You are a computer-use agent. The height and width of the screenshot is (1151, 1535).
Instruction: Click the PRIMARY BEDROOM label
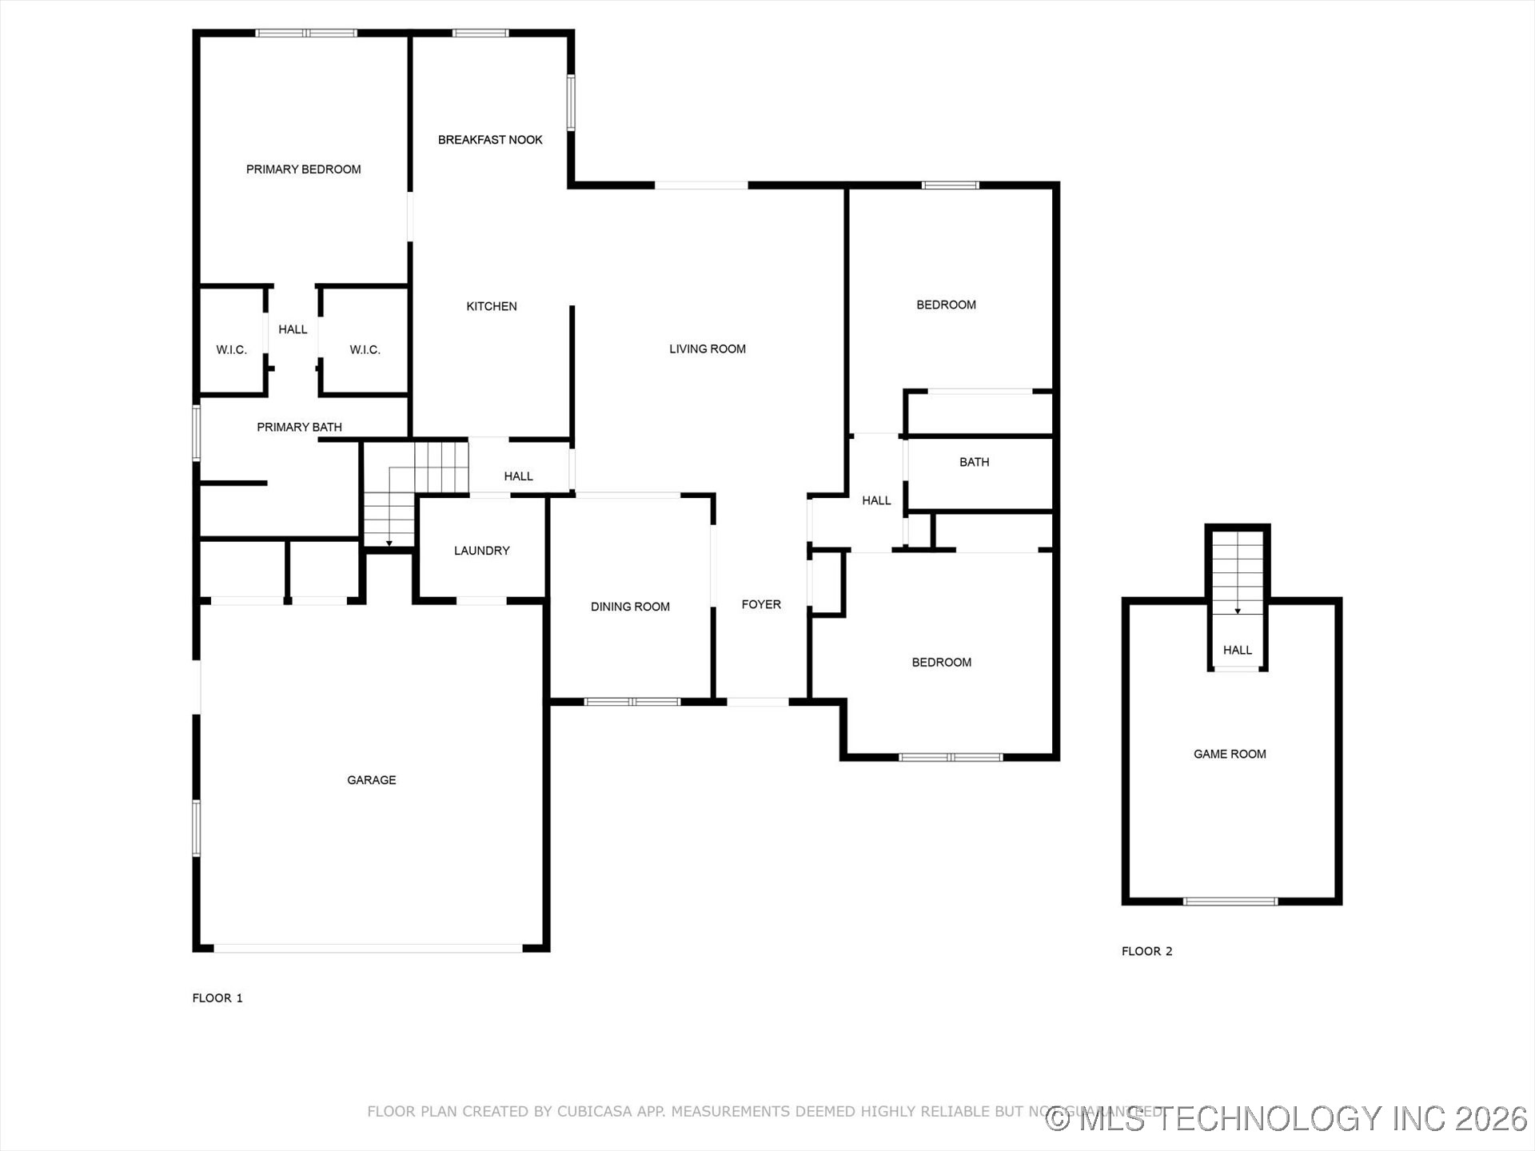point(303,169)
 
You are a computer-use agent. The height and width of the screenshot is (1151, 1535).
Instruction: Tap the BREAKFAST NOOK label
point(490,140)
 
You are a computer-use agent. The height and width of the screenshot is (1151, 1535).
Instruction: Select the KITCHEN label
point(491,306)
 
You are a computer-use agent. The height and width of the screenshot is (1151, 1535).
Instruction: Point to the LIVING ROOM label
point(707,349)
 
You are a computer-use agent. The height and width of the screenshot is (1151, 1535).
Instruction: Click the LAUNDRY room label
point(481,551)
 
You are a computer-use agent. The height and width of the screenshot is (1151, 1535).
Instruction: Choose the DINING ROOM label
point(630,607)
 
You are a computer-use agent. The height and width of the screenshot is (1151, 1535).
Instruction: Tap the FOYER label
point(760,604)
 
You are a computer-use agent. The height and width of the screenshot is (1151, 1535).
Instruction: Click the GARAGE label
point(371,780)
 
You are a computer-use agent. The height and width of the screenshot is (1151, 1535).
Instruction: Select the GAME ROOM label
point(1230,754)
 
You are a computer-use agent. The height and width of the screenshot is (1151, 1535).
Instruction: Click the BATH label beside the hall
point(974,462)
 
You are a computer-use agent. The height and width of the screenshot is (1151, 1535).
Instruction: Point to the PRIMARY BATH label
point(299,428)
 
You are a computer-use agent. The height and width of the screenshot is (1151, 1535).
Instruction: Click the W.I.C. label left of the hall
point(231,350)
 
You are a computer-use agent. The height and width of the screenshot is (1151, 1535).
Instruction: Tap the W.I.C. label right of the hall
point(365,350)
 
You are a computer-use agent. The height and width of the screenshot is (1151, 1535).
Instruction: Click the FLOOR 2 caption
point(1146,951)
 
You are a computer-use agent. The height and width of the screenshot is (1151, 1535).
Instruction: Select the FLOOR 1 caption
point(217,998)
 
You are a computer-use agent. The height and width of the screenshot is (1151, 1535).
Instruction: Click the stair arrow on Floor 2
point(1238,610)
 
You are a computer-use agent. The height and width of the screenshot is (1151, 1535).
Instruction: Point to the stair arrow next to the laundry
point(389,543)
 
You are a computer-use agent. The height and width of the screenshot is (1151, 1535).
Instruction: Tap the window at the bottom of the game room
point(1230,902)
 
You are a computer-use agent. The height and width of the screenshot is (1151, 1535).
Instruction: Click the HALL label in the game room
point(1237,650)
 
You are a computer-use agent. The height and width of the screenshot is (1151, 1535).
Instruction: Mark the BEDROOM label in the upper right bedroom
point(946,305)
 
